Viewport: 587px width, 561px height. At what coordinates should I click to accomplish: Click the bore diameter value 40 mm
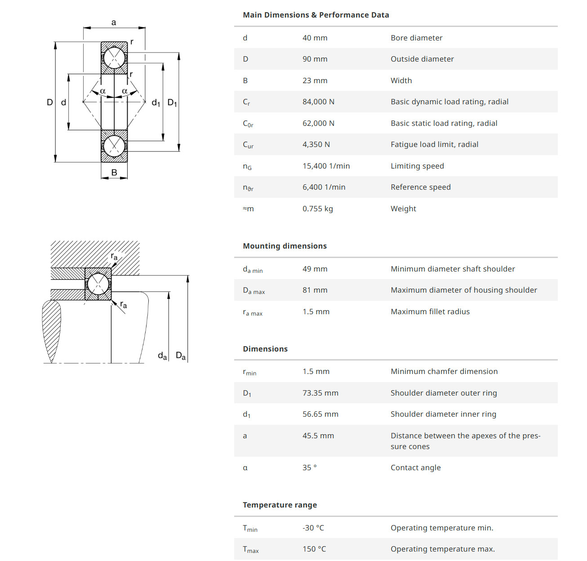[x=315, y=38]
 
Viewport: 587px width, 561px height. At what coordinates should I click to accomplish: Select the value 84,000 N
[x=318, y=102]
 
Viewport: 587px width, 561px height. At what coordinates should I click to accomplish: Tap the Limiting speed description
[x=417, y=166]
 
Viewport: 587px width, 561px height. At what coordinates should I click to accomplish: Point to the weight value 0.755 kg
[x=317, y=209]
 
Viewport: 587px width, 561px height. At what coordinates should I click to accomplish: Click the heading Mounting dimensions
[x=285, y=246]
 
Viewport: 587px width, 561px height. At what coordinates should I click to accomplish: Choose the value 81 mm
[x=315, y=290]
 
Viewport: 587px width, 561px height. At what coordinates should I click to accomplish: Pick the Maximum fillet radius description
[x=430, y=312]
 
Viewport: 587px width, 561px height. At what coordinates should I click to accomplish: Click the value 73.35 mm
[x=320, y=393]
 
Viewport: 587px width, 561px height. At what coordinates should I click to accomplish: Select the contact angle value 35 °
[x=309, y=467]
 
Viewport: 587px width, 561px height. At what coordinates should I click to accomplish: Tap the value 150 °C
[x=314, y=549]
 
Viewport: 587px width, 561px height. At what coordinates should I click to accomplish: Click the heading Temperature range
[x=280, y=505]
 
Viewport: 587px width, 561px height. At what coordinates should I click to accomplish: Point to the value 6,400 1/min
[x=324, y=187]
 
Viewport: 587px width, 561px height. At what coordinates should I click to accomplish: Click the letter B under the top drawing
[x=114, y=173]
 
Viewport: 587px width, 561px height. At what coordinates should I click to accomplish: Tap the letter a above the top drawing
[x=114, y=22]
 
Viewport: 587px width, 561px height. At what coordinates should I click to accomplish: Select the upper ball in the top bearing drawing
[x=114, y=58]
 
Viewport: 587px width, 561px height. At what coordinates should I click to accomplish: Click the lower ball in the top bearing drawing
[x=114, y=146]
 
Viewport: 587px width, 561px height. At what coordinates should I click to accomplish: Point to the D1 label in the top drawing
[x=172, y=102]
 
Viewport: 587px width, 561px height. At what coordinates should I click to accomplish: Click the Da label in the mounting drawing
[x=181, y=356]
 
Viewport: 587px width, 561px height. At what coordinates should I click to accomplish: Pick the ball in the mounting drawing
[x=98, y=284]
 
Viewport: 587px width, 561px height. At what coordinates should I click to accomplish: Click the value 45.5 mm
[x=318, y=436]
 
